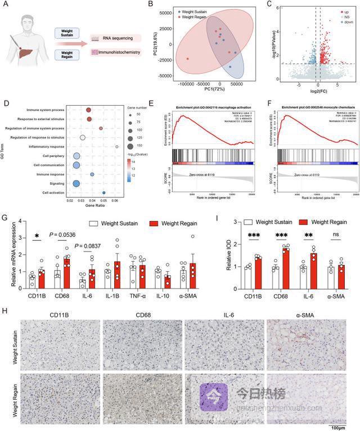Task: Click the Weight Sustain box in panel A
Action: click(66, 34)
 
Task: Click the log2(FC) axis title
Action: click(319, 89)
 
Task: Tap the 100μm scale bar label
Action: click(337, 428)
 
